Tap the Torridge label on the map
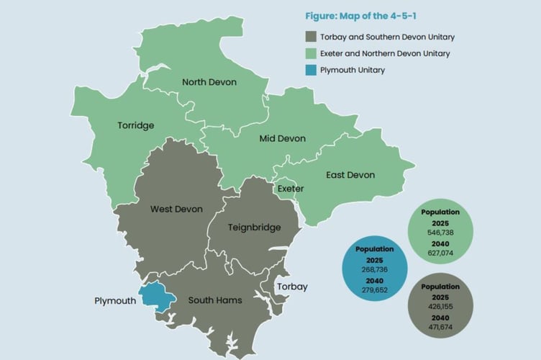(136, 125)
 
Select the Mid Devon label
(282, 138)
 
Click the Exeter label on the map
(291, 189)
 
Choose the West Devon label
(176, 210)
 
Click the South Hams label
(214, 300)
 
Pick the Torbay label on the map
(292, 287)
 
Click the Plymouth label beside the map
(115, 300)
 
